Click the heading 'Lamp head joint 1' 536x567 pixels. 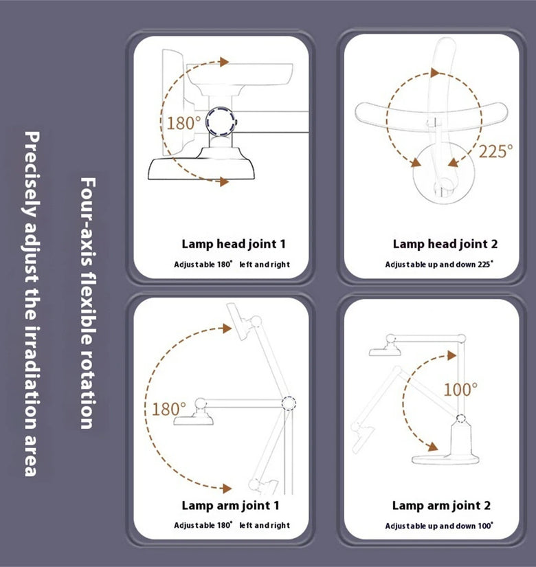[x=234, y=244]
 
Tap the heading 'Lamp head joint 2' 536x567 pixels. [x=445, y=244]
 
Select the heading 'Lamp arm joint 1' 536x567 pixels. [x=230, y=506]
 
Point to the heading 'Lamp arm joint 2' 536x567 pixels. [x=441, y=506]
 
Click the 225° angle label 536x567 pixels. [x=496, y=151]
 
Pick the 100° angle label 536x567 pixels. [x=460, y=390]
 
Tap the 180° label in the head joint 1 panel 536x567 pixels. [x=183, y=123]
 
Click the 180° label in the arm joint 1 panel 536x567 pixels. [x=168, y=409]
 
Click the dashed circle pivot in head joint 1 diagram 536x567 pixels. [x=221, y=122]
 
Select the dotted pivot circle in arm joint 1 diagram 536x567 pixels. [x=289, y=403]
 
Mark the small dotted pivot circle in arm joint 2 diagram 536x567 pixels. [x=460, y=419]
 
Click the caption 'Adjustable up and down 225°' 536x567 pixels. [x=439, y=265]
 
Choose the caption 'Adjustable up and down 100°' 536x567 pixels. [x=439, y=526]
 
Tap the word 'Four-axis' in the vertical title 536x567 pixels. [x=88, y=221]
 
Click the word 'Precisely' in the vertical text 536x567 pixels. [x=32, y=175]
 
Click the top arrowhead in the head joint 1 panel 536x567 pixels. [x=225, y=62]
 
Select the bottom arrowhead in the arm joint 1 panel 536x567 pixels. [x=227, y=489]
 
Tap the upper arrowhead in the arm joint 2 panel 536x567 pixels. [x=451, y=355]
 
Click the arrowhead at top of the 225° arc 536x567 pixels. [x=435, y=73]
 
